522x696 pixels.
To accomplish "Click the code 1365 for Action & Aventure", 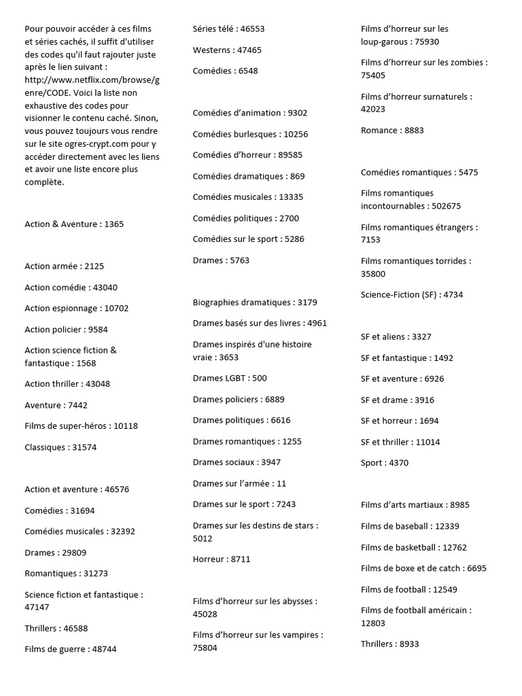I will click(x=114, y=224).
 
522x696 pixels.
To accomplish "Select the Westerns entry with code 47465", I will click(x=227, y=50).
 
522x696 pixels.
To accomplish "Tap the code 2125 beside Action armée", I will click(x=94, y=266).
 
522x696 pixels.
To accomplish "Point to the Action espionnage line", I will click(x=76, y=309).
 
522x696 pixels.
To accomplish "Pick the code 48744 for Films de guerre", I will click(x=104, y=649).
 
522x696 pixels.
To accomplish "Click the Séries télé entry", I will click(x=228, y=29).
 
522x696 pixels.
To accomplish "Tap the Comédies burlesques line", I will click(x=250, y=135).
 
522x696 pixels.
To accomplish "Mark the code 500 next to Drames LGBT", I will click(x=259, y=379).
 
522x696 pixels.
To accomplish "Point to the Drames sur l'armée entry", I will click(x=239, y=484).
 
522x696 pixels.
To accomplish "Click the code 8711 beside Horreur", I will click(x=241, y=559).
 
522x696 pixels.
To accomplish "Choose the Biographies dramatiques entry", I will click(x=255, y=302).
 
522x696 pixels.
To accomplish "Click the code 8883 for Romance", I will click(x=414, y=130).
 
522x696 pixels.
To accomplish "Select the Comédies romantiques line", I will click(x=419, y=173).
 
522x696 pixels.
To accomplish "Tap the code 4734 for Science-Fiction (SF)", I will click(x=453, y=295).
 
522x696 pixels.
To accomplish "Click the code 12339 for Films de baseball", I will click(x=447, y=526).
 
